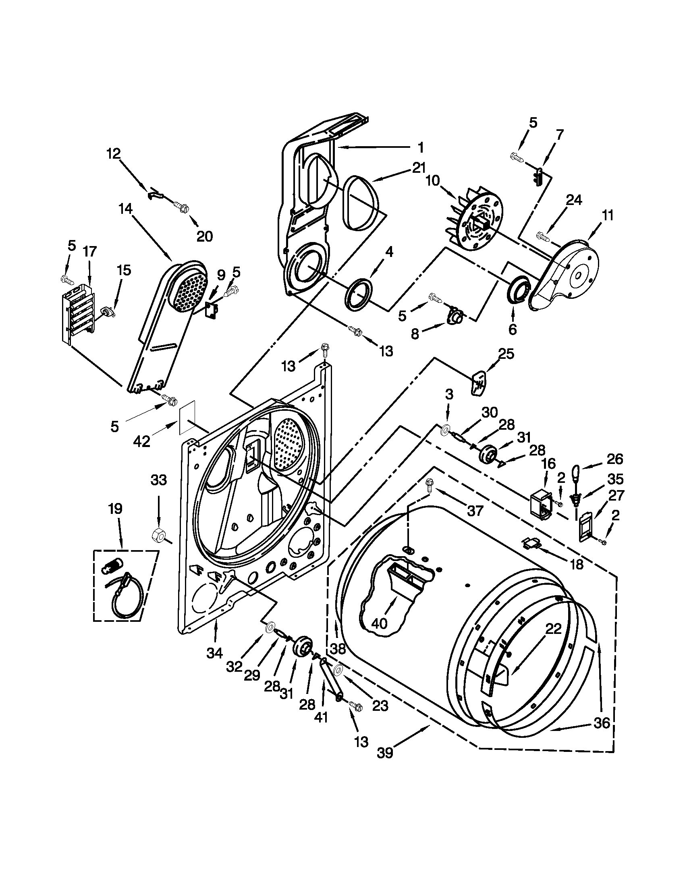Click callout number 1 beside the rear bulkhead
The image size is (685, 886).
[x=420, y=147]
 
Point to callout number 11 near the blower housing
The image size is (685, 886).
[x=608, y=215]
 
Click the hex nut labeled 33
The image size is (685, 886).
[x=157, y=536]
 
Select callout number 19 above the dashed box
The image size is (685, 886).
[x=115, y=509]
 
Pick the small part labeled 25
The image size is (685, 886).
[x=479, y=382]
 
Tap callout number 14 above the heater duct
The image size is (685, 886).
[x=125, y=209]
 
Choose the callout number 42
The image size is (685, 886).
[x=141, y=441]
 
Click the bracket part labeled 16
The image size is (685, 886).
[x=542, y=503]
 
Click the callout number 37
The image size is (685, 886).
[x=474, y=510]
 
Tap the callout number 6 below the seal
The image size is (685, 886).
[x=512, y=329]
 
